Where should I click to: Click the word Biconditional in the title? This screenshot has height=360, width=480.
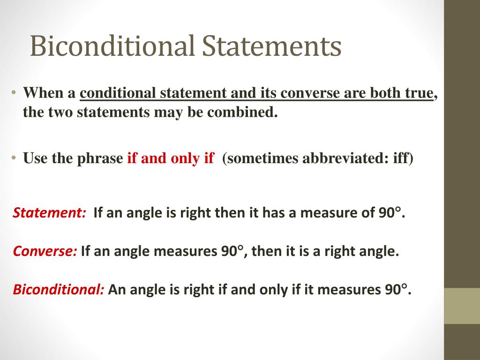coord(112,46)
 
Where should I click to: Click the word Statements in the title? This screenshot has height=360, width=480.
coord(272,46)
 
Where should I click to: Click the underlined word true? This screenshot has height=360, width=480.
coord(419,93)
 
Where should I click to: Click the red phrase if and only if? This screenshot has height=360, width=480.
coord(171,158)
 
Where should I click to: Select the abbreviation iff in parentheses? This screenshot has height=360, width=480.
coord(401,158)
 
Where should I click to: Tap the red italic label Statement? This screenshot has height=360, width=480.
coord(49,213)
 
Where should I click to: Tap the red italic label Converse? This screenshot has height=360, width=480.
coord(45,252)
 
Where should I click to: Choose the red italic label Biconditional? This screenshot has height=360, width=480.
coord(59,290)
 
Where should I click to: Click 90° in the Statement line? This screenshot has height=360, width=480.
coord(389,213)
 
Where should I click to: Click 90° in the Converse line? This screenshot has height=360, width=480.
coord(232,252)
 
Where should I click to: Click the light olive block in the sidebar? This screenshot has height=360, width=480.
coord(462,306)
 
